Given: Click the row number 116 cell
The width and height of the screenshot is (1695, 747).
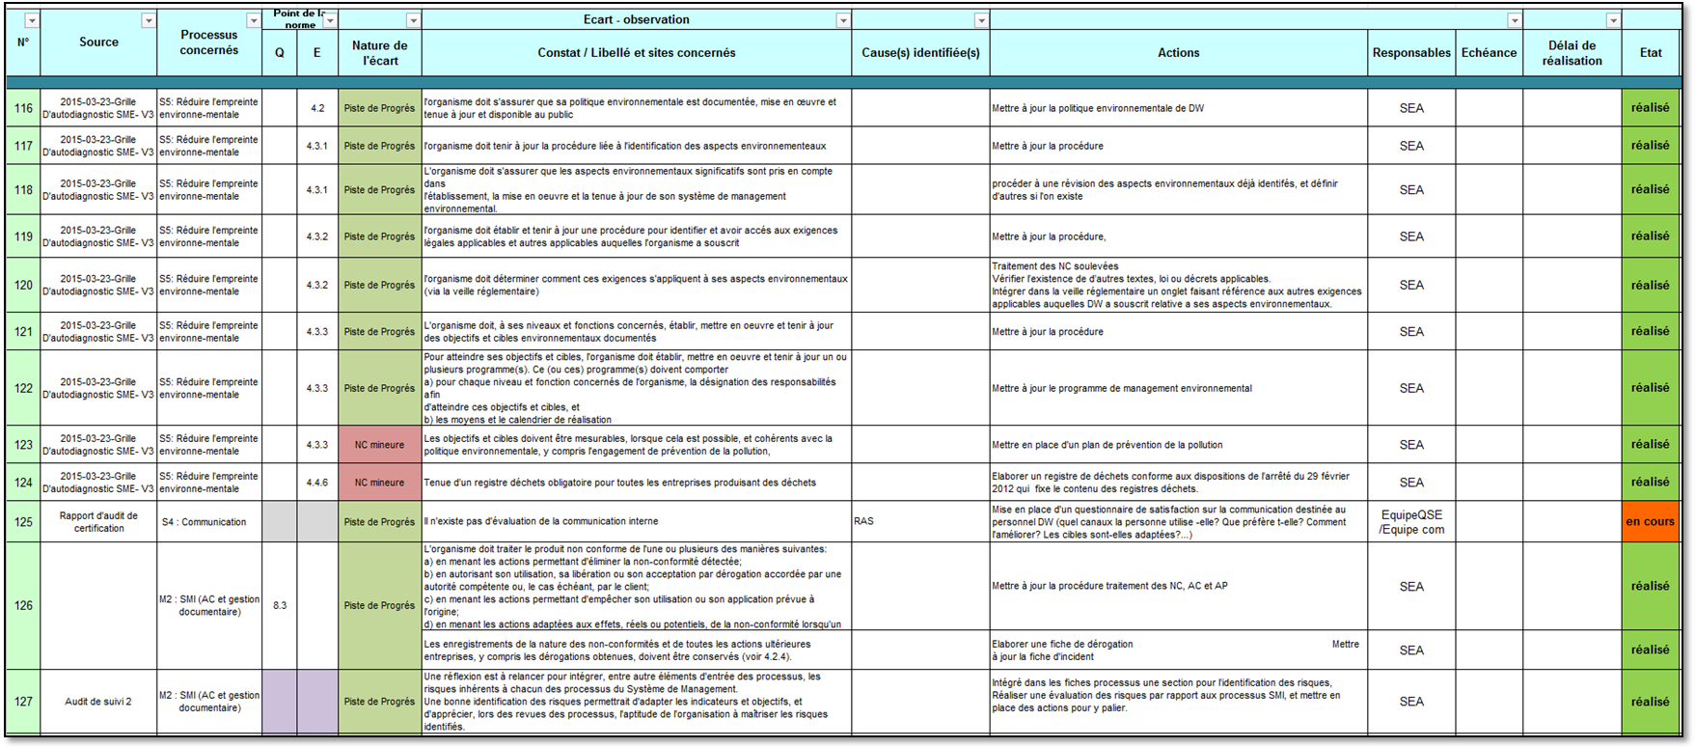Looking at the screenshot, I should coord(23,108).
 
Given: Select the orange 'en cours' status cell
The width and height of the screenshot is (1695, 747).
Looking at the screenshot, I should coord(1650,522).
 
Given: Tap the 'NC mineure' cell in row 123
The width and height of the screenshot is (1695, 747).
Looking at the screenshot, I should coord(379,445).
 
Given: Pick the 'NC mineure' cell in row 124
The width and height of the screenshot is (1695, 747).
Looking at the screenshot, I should coord(379,483).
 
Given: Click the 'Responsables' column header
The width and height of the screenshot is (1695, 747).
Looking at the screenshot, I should coord(1411,53).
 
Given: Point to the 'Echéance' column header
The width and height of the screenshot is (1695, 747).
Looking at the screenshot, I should coord(1489,53).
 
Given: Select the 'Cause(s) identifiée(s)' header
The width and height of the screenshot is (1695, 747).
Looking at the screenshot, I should coord(920,53).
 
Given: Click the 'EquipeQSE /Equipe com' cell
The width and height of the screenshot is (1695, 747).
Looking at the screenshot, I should coord(1411,522).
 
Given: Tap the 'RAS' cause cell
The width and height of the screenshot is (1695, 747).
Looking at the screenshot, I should coord(864,521).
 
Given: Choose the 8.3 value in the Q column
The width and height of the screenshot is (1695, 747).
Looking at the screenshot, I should coord(280,606).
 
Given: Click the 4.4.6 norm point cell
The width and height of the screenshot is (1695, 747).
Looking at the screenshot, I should coord(317,483).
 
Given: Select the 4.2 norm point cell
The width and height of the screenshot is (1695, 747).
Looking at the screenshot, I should coord(317,108).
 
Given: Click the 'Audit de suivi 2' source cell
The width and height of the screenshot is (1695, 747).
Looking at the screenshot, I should coord(98,702).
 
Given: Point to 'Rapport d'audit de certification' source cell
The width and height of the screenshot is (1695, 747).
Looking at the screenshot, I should coord(98,522).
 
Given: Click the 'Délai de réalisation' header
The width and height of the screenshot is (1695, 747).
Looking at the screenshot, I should coord(1572,53).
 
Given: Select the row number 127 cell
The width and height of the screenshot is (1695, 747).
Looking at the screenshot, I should coord(23,702).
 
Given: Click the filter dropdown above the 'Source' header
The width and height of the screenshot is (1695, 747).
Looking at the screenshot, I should coord(148,20).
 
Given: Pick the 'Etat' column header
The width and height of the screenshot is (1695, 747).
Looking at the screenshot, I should coord(1651,53).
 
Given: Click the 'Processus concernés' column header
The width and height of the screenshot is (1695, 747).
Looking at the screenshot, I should coord(208,42).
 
